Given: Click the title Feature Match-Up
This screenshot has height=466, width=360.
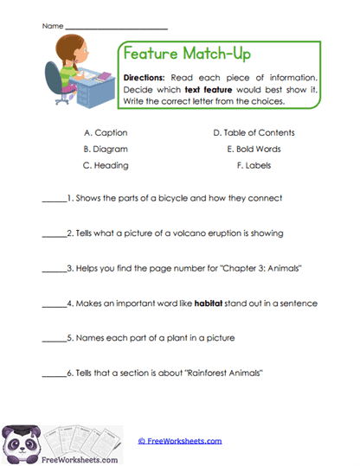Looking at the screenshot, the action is click(187, 54).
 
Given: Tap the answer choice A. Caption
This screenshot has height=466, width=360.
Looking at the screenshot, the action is click(105, 132).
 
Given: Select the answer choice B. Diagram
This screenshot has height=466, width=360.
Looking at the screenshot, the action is click(106, 148).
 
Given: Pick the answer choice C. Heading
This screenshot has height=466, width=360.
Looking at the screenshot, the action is click(106, 164).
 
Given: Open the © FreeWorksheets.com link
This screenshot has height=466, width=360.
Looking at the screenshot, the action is click(180, 441).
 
